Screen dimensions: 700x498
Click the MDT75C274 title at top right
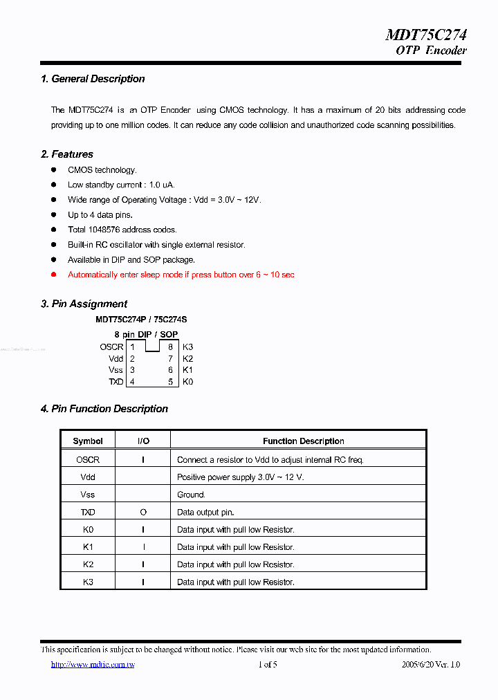pyautogui.click(x=425, y=35)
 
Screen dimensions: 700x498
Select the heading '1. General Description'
pyautogui.click(x=93, y=79)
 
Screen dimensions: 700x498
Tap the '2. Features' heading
pyautogui.click(x=67, y=154)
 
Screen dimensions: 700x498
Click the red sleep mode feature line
pyautogui.click(x=181, y=275)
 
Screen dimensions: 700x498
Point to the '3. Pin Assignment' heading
pyautogui.click(x=84, y=304)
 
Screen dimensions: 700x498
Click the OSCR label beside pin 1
pyautogui.click(x=111, y=347)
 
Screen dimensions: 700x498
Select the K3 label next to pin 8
pyautogui.click(x=188, y=347)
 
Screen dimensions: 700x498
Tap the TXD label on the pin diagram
pyautogui.click(x=116, y=382)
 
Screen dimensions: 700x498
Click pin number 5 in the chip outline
pyautogui.click(x=170, y=382)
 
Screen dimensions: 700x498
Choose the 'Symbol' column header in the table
pyautogui.click(x=88, y=441)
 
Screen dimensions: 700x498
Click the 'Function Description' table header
pyautogui.click(x=303, y=441)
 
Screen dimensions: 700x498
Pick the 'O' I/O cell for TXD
pyautogui.click(x=143, y=513)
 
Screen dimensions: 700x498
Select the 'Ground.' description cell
pyautogui.click(x=191, y=495)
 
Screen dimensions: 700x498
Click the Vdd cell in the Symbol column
pyautogui.click(x=88, y=477)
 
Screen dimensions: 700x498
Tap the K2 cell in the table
pyautogui.click(x=88, y=564)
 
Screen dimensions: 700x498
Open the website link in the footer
pyautogui.click(x=93, y=665)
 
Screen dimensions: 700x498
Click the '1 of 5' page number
pyautogui.click(x=268, y=665)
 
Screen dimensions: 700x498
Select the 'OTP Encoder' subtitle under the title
pyautogui.click(x=431, y=50)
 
